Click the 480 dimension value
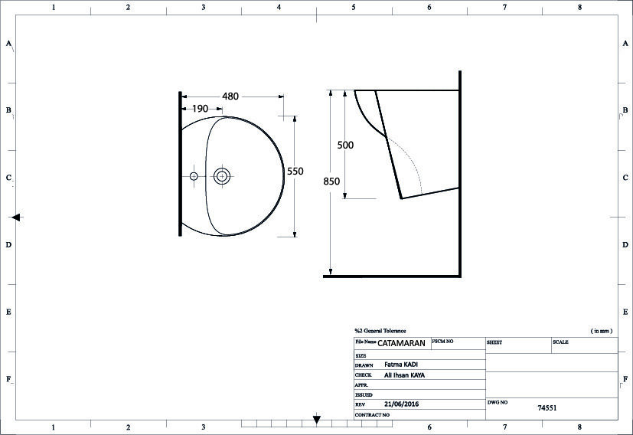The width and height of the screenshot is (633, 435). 230,96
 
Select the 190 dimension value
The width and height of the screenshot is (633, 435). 200,109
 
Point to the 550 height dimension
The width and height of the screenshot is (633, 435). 295,172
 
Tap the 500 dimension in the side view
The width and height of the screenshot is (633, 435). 345,145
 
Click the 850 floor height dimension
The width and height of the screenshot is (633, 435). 331,182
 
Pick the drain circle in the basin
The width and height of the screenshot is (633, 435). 222,176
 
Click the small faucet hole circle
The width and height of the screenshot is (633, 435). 194,176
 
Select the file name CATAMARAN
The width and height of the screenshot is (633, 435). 401,343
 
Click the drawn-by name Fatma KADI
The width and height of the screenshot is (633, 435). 401,365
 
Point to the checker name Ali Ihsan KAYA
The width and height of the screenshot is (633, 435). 404,375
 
